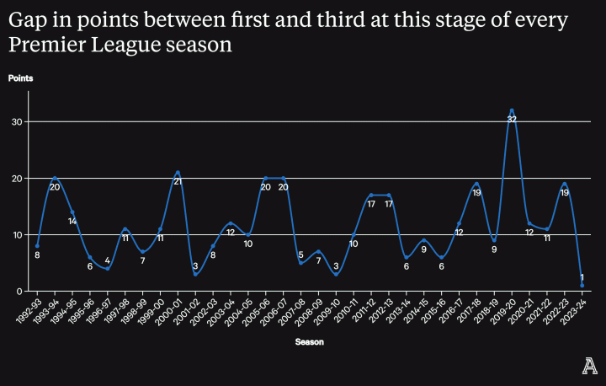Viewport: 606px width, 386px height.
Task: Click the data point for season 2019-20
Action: (x=512, y=110)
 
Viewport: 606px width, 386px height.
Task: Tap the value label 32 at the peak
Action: (x=512, y=120)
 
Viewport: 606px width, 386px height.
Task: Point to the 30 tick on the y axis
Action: (x=16, y=121)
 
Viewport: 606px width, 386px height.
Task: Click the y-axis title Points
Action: (x=21, y=78)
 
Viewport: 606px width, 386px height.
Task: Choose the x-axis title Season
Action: (x=309, y=342)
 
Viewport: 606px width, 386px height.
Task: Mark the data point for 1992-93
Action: (x=37, y=246)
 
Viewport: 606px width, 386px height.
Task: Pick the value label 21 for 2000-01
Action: (x=178, y=182)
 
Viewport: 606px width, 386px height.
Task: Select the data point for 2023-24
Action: (x=582, y=286)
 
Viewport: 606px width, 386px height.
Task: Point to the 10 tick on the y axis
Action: (x=16, y=234)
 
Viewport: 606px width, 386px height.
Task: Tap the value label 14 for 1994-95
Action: (x=72, y=222)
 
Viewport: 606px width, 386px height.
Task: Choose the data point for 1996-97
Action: (x=108, y=269)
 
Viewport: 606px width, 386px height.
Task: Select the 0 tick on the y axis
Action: (x=19, y=292)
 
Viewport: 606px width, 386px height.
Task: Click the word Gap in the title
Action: (x=27, y=19)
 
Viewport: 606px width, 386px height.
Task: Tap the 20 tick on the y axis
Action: (x=16, y=178)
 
